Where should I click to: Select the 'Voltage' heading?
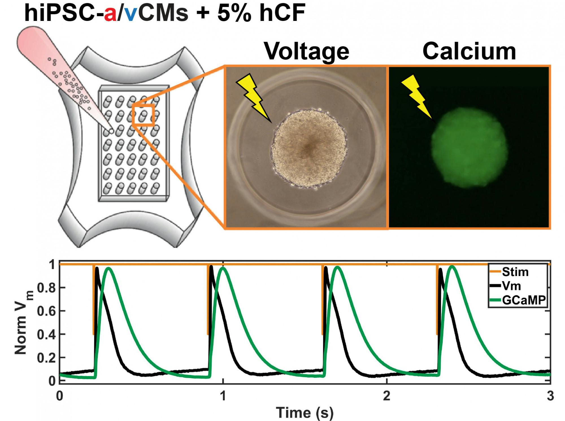307,51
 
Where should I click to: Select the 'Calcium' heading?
469,51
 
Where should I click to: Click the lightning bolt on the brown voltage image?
252,96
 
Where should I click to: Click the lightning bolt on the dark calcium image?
416,96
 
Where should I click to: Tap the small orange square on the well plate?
143,115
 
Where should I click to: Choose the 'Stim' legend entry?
515,272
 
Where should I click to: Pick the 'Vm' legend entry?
511,286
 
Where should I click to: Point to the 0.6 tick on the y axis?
47,311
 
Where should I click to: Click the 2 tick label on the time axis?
386,396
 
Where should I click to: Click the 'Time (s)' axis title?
305,412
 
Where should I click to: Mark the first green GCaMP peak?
109,268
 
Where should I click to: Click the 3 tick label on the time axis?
550,396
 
